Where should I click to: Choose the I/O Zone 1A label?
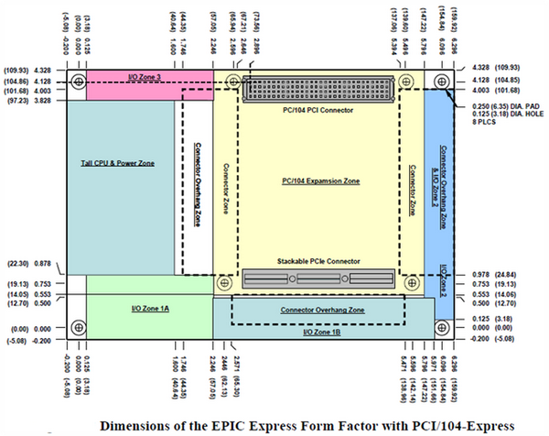point(148,309)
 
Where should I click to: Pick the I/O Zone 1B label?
point(323,332)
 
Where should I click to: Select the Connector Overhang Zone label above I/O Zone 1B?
point(318,311)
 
